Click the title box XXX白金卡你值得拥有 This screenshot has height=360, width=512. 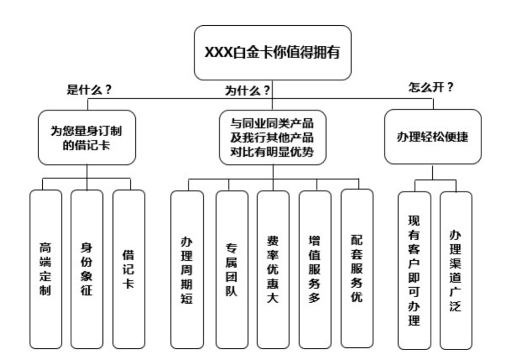pyautogui.click(x=273, y=52)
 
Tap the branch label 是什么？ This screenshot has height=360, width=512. pyautogui.click(x=89, y=90)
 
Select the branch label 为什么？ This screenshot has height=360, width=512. pyautogui.click(x=244, y=90)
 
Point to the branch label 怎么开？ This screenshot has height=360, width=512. pyautogui.click(x=431, y=88)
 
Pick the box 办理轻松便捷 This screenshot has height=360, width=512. pyautogui.click(x=432, y=137)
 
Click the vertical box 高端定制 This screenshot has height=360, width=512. pyautogui.click(x=45, y=269)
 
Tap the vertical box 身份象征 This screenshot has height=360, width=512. pyautogui.click(x=87, y=269)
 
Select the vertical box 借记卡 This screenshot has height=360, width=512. pyautogui.click(x=128, y=269)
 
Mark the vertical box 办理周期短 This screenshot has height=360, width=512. pyautogui.click(x=186, y=270)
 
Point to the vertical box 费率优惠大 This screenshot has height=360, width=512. pyautogui.click(x=273, y=270)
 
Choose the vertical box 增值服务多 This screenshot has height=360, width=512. pyautogui.click(x=315, y=269)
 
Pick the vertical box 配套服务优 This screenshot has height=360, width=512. pyautogui.click(x=356, y=269)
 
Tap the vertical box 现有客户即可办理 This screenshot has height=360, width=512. pyautogui.click(x=414, y=270)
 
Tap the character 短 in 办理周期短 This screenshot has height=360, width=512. pyautogui.click(x=186, y=298)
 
